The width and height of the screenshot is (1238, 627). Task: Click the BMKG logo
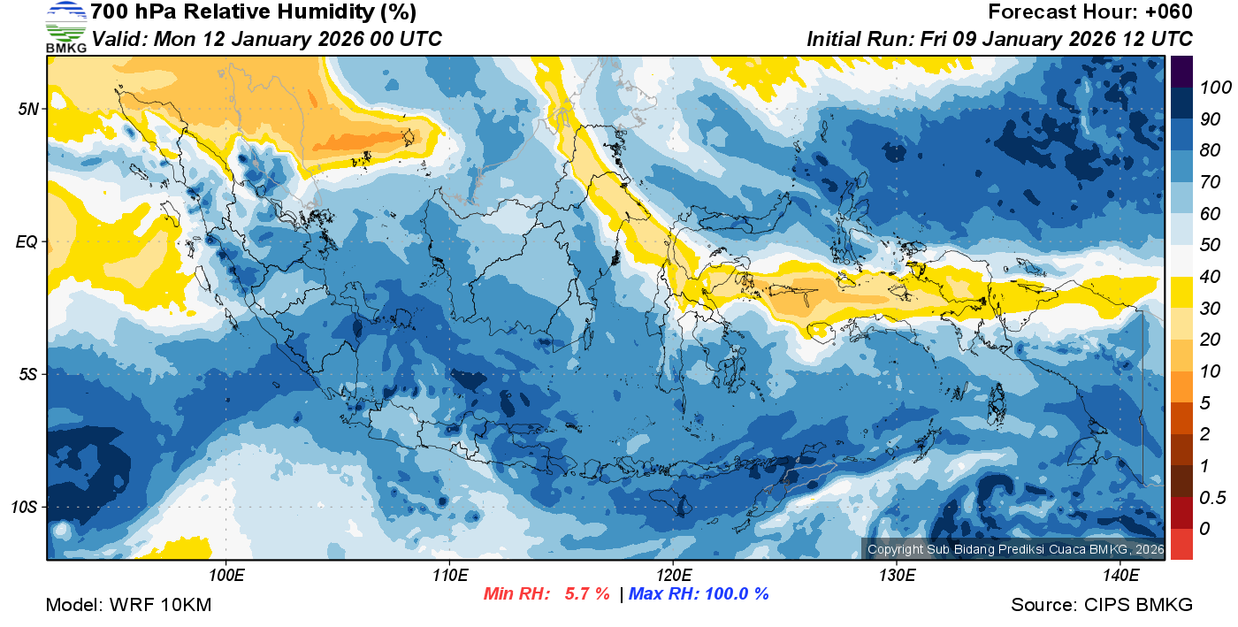65,27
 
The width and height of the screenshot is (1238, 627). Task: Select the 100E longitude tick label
225,575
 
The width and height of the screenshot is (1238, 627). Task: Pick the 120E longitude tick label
673,575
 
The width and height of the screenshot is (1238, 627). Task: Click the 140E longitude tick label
1120,575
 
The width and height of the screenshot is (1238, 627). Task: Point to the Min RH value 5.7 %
586,593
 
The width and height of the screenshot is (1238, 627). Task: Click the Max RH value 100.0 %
732,593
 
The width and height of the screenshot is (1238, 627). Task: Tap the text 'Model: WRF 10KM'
128,606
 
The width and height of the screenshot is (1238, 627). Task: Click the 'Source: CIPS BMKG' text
1102,606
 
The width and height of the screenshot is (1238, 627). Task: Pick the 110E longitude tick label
449,575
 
